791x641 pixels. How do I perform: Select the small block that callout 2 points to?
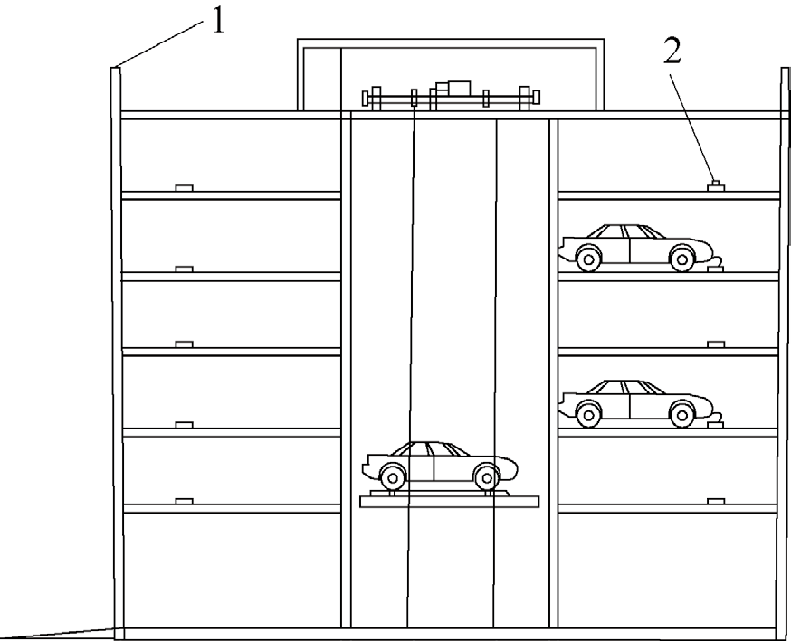click(715, 185)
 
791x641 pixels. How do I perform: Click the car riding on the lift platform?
click(440, 463)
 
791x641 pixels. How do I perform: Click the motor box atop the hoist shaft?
click(452, 88)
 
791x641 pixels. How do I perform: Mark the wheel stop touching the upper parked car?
click(715, 264)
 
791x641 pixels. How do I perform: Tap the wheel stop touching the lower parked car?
click(715, 418)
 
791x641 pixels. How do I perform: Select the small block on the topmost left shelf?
click(185, 187)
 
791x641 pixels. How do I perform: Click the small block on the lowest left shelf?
click(185, 500)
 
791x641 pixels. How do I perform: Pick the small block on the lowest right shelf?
click(716, 500)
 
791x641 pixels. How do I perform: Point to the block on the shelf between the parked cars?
click(716, 344)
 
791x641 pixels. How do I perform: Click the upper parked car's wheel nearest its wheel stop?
click(681, 259)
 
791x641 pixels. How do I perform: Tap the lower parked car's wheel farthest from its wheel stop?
click(588, 415)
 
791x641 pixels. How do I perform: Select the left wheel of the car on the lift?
click(392, 476)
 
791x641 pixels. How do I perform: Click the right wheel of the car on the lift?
click(486, 476)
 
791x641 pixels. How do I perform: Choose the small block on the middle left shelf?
click(185, 344)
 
